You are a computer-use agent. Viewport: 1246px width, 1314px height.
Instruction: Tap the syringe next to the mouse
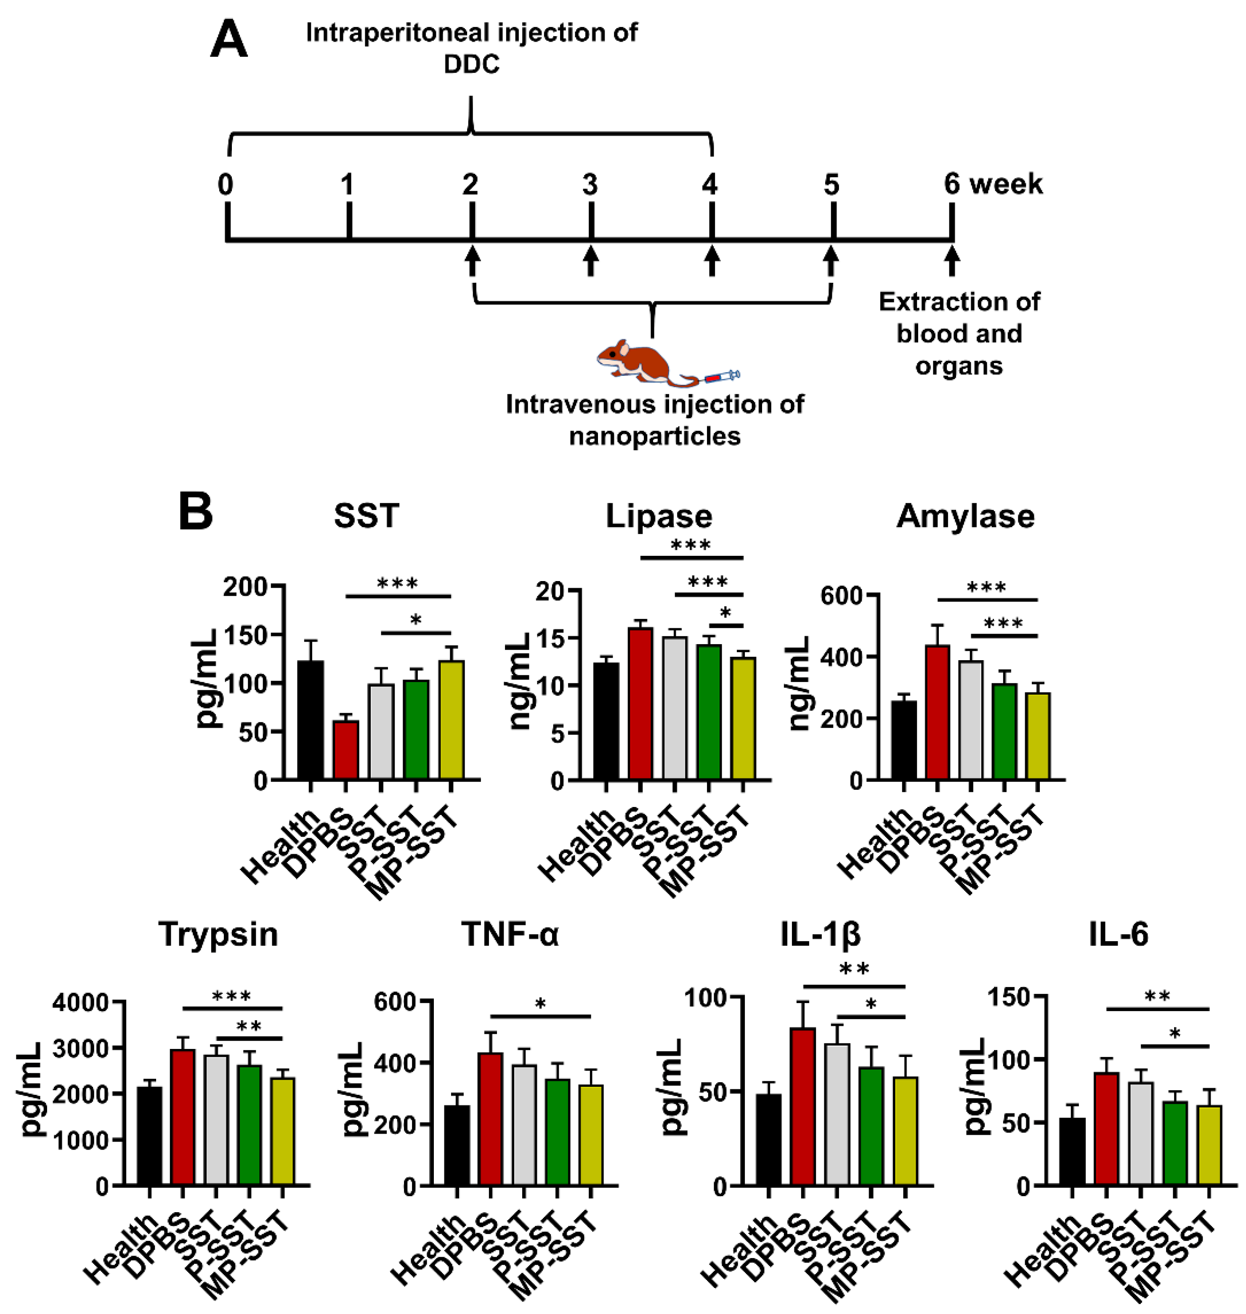(x=721, y=377)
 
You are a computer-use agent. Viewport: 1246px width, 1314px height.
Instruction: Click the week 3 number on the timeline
(x=590, y=185)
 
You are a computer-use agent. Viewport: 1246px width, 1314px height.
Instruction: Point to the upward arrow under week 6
(x=952, y=260)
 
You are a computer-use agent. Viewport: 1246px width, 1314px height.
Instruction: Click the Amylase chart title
(x=965, y=516)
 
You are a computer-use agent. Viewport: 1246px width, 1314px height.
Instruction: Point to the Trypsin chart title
(x=218, y=934)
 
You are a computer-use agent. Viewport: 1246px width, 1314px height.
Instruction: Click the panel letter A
(x=228, y=40)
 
